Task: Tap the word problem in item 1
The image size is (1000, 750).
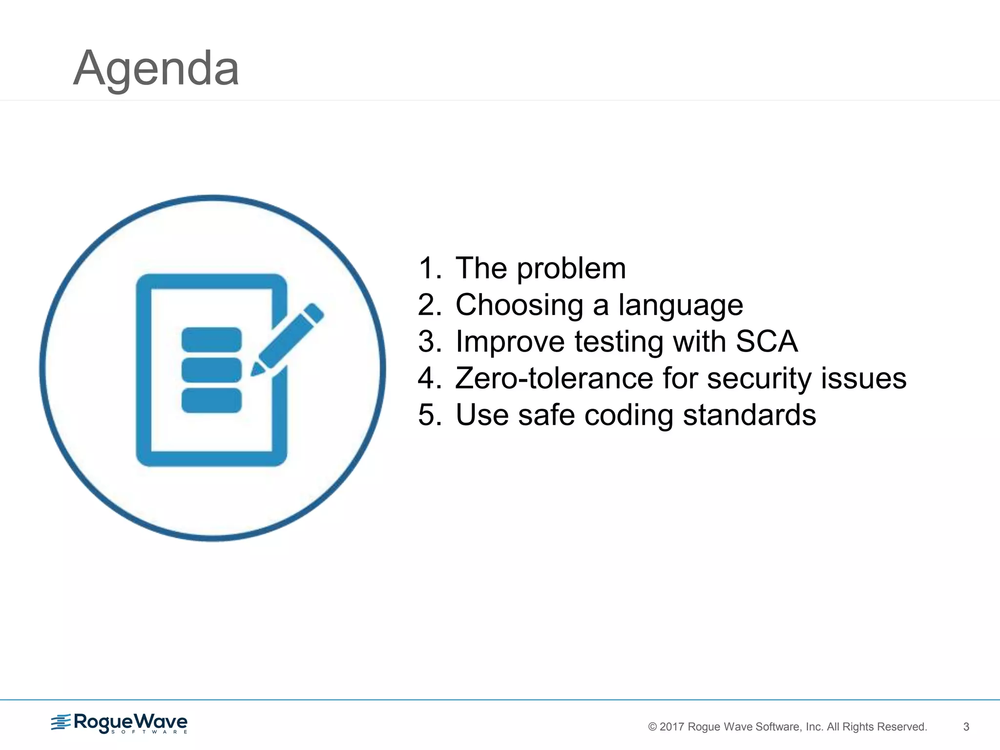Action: [x=571, y=270]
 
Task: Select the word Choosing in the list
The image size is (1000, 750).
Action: [x=520, y=305]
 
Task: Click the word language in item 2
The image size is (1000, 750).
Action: [x=681, y=306]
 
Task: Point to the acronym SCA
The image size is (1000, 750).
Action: [x=767, y=341]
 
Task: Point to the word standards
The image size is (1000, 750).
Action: [x=750, y=415]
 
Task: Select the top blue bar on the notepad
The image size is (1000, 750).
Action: [x=211, y=339]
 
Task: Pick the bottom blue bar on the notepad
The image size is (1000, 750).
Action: [x=211, y=400]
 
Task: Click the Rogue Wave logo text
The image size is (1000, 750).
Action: [x=130, y=722]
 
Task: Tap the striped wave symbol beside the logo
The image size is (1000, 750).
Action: [x=61, y=722]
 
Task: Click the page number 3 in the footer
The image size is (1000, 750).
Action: [x=966, y=727]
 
